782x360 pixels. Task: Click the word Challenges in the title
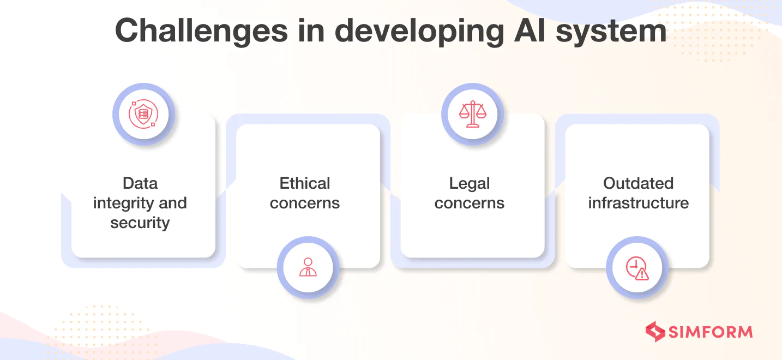(x=201, y=31)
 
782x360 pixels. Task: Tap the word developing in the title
(x=419, y=32)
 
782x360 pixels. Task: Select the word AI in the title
(x=529, y=31)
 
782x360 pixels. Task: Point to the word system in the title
(x=611, y=32)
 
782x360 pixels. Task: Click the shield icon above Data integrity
(x=143, y=114)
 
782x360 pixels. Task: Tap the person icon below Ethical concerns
(x=308, y=267)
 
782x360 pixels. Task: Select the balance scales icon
(x=473, y=114)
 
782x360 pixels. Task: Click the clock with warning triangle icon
(x=637, y=268)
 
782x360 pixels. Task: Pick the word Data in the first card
(x=140, y=183)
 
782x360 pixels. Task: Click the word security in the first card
(x=140, y=223)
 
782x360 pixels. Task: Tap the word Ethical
(x=305, y=183)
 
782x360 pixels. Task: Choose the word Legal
(x=469, y=184)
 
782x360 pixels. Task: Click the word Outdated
(x=638, y=183)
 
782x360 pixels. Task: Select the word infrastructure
(x=638, y=203)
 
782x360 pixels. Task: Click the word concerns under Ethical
(x=305, y=203)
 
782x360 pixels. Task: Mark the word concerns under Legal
(x=469, y=203)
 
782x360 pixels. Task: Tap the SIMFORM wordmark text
(x=711, y=332)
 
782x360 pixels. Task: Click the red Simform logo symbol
(x=655, y=332)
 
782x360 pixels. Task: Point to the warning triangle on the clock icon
(x=642, y=274)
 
